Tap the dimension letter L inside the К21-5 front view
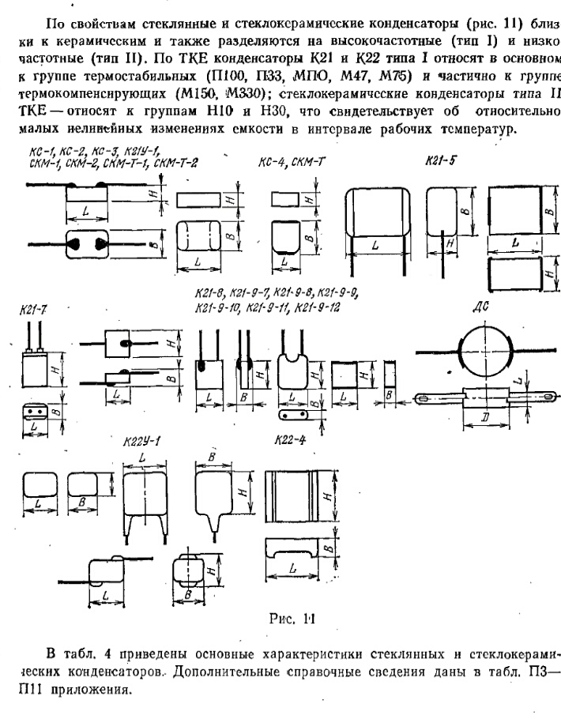coord(375,246)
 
